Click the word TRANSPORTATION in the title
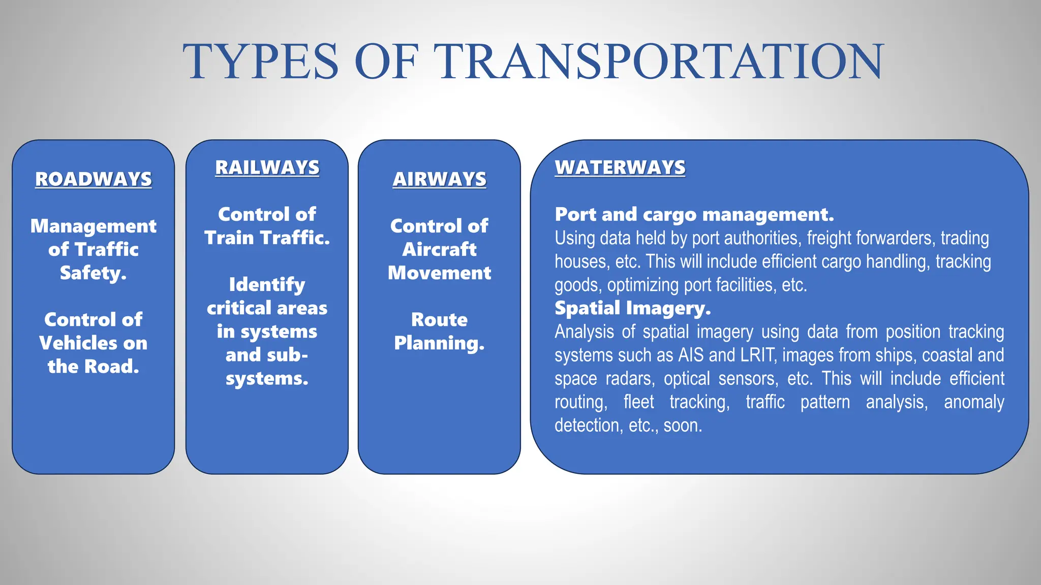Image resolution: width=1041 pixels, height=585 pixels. click(x=661, y=62)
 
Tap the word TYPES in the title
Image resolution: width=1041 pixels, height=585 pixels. click(x=261, y=62)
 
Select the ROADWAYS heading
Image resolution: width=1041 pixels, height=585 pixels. click(x=94, y=179)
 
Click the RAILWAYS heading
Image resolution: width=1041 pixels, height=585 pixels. click(x=267, y=168)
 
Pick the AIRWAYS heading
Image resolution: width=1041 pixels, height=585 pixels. click(x=439, y=179)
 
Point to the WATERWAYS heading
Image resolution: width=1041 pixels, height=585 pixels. click(x=620, y=168)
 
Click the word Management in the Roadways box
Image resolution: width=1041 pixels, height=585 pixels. click(x=94, y=226)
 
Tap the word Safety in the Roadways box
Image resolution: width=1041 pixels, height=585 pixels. click(x=91, y=273)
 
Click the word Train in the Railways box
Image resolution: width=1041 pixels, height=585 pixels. click(x=229, y=238)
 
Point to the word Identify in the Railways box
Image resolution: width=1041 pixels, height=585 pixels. click(x=267, y=285)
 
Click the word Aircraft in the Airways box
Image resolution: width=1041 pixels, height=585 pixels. click(x=439, y=249)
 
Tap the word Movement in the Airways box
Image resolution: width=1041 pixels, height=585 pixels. click(x=439, y=273)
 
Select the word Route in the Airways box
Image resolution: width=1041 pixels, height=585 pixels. click(x=439, y=320)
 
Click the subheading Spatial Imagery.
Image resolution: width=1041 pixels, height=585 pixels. click(x=632, y=308)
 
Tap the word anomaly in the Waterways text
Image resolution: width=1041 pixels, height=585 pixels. click(x=973, y=402)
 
